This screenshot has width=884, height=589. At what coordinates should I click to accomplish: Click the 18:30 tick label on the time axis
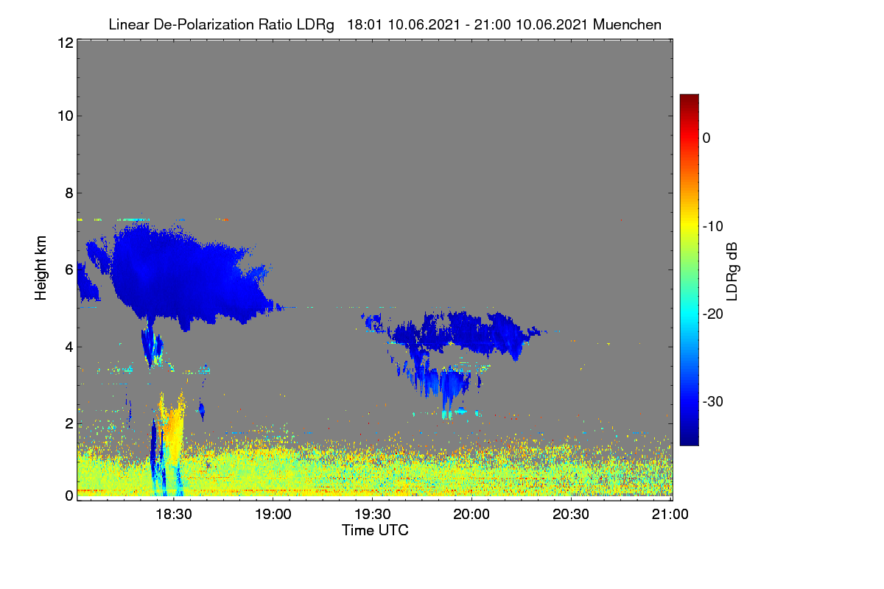tap(174, 515)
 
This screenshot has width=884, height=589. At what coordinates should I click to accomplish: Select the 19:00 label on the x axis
tap(273, 515)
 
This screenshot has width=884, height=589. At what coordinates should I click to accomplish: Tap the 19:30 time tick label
tap(373, 515)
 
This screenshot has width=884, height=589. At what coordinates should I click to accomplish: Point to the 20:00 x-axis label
tap(471, 515)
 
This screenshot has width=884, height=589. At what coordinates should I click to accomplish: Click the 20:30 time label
tap(571, 515)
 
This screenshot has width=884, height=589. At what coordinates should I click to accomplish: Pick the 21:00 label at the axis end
tap(670, 515)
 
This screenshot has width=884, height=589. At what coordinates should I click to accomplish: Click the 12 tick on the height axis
tap(66, 43)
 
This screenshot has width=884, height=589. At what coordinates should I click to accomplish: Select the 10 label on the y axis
tap(66, 116)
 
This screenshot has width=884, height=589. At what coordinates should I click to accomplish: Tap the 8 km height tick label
tap(69, 193)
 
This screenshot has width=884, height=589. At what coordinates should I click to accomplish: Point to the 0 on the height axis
tap(69, 495)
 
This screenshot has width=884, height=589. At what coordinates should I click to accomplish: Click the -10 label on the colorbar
tap(713, 227)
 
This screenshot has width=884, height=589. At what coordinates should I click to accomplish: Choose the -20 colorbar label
tap(713, 314)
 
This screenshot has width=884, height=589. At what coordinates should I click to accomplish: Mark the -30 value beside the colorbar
tap(713, 401)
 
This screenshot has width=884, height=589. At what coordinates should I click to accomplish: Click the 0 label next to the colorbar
tap(706, 138)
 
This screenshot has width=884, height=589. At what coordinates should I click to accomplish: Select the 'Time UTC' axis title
tap(375, 531)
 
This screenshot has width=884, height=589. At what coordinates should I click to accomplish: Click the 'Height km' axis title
tap(41, 268)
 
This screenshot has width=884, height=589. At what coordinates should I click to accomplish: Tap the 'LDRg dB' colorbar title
tap(732, 272)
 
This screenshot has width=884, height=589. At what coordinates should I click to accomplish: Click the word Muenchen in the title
tap(627, 25)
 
